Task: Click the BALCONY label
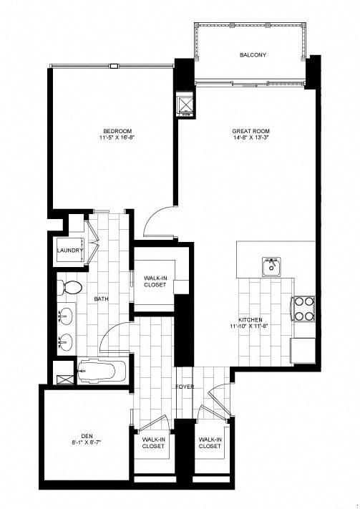tap(253, 55)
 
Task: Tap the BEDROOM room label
tap(117, 131)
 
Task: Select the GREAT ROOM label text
tap(251, 131)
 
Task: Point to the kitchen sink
tap(271, 267)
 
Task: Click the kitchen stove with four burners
tap(304, 309)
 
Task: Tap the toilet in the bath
tap(69, 288)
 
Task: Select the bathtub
tap(102, 371)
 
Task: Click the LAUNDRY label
tap(70, 251)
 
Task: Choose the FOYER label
tap(185, 387)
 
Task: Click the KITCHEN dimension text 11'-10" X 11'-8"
tap(250, 326)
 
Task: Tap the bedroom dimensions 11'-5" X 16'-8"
tap(117, 137)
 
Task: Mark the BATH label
tap(102, 299)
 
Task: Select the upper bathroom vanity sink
tap(66, 314)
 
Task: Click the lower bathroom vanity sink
tap(66, 341)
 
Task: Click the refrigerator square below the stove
tap(303, 351)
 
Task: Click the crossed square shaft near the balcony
tap(186, 105)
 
